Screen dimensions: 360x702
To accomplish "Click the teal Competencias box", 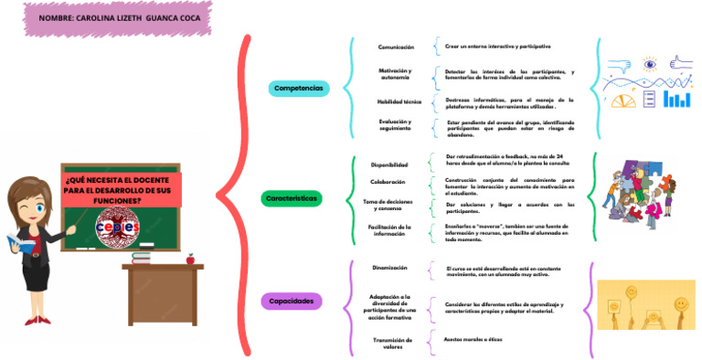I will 298,88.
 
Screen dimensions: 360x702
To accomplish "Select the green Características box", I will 292,197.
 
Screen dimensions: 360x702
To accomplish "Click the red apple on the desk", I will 190,259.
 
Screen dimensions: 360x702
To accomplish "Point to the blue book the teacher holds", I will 21,243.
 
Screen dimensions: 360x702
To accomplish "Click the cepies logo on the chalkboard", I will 116,227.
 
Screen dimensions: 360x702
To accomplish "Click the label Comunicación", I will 396,47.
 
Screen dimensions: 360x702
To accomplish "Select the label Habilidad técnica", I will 399,101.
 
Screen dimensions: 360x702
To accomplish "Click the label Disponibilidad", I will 388,164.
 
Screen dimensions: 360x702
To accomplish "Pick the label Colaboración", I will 388,182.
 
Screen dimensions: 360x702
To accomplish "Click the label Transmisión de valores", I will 393,342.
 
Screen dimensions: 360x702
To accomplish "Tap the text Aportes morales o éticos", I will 473,339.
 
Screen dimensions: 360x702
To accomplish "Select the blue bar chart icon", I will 676,98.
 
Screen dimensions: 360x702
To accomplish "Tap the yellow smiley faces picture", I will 645,304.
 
